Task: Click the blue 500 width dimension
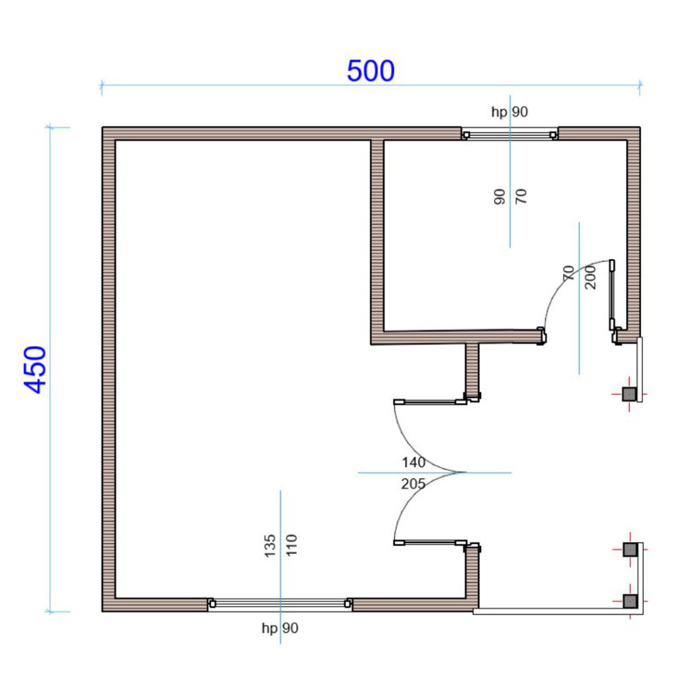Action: click(x=370, y=71)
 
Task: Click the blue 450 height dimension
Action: click(x=35, y=369)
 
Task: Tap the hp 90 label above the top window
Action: click(x=509, y=112)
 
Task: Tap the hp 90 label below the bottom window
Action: click(x=280, y=628)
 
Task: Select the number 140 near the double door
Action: click(x=414, y=462)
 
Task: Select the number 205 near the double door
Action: click(x=413, y=484)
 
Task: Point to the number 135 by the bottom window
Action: click(x=270, y=545)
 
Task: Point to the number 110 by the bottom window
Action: click(x=292, y=545)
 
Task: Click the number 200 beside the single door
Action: click(x=590, y=277)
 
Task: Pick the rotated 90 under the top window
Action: click(x=499, y=196)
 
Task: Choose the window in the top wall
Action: click(x=509, y=134)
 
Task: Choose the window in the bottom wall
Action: click(x=280, y=604)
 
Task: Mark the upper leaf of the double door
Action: click(x=430, y=402)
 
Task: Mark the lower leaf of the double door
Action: click(x=430, y=543)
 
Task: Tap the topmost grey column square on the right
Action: click(x=629, y=394)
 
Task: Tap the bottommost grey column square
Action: click(x=630, y=601)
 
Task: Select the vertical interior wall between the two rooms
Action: click(x=377, y=242)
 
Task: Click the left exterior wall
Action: click(x=109, y=369)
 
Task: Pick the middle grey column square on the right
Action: click(x=630, y=549)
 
